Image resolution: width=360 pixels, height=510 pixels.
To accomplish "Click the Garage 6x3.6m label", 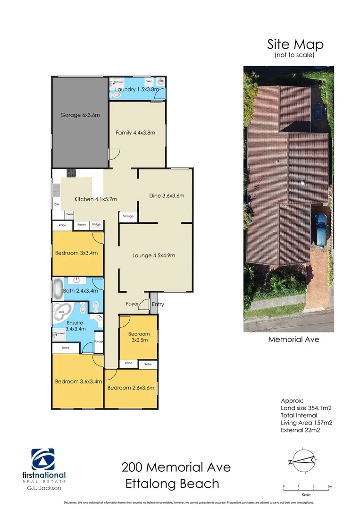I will click(80, 115).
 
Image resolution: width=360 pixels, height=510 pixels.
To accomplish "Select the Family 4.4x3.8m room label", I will click(135, 133).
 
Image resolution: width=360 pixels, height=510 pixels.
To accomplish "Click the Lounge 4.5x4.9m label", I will click(154, 255).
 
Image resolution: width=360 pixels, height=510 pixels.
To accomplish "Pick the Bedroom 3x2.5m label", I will click(140, 337).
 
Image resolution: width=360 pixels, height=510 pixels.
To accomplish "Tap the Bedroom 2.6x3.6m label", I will click(131, 388).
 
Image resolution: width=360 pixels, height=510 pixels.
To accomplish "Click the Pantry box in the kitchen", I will click(82, 225).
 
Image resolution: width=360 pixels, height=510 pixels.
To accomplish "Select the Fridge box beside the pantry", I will click(96, 225).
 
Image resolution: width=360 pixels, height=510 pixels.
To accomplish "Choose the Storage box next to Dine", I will click(128, 216).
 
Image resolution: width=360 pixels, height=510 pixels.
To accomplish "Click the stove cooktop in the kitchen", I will click(71, 173).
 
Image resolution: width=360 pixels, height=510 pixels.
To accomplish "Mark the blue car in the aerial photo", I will click(320, 229).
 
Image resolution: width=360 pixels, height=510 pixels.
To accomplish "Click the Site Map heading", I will click(295, 44).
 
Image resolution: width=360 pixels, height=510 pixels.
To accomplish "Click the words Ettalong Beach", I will click(172, 484).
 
